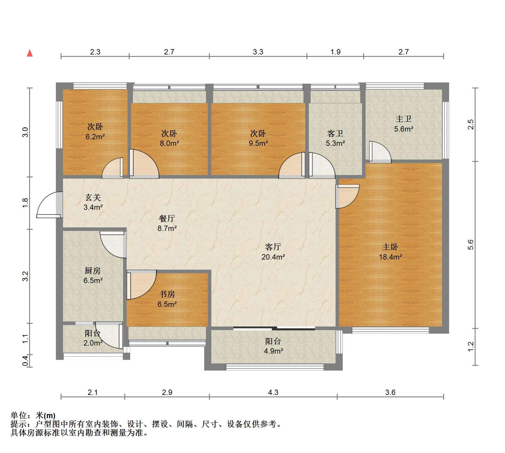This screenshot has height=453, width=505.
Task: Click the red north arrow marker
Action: pyautogui.click(x=30, y=53)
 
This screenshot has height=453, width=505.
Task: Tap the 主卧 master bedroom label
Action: pyautogui.click(x=390, y=247)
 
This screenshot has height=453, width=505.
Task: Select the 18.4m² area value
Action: pyautogui.click(x=390, y=257)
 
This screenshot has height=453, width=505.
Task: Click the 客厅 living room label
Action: pyautogui.click(x=273, y=247)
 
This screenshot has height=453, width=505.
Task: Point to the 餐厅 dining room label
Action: pyautogui.click(x=167, y=219)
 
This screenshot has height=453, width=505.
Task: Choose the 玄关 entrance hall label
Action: pyautogui.click(x=93, y=197)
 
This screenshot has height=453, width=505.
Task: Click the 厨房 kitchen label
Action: pyautogui.click(x=93, y=271)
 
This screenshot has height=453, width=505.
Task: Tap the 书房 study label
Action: pyautogui.click(x=167, y=294)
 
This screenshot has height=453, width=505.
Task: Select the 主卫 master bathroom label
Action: pyautogui.click(x=404, y=119)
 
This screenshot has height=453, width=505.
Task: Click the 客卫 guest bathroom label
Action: pyautogui.click(x=335, y=133)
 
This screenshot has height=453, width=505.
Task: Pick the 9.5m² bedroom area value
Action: pyautogui.click(x=258, y=143)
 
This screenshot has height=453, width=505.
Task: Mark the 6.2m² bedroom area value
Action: pyautogui.click(x=95, y=137)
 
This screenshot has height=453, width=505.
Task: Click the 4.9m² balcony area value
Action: pyautogui.click(x=273, y=351)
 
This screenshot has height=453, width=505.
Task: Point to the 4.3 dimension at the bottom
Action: pyautogui.click(x=273, y=393)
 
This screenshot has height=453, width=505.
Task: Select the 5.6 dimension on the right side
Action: pyautogui.click(x=471, y=245)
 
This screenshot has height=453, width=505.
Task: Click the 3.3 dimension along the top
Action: pyautogui.click(x=258, y=52)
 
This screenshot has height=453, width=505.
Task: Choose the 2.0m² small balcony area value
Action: pyautogui.click(x=93, y=343)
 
